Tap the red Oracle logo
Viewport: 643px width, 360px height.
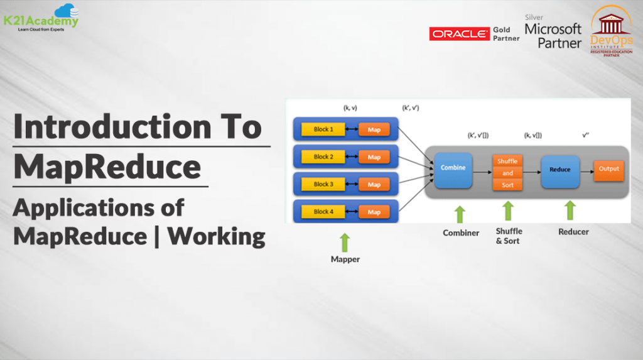pos(459,34)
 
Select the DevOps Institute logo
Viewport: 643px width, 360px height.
pos(611,31)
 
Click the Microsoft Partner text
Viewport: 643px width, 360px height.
pos(553,36)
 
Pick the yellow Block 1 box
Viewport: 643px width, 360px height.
pos(323,129)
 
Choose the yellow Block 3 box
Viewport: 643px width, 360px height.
pos(323,185)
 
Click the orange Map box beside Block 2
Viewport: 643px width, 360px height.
pos(374,157)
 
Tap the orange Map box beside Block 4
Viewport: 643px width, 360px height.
pos(374,212)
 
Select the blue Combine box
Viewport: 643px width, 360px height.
pos(453,168)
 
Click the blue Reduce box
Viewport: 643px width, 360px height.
pos(559,170)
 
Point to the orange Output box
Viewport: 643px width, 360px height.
pos(608,169)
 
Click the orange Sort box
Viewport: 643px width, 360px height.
pos(507,185)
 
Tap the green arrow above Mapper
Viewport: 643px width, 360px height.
pos(345,243)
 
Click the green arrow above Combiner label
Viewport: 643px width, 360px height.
pos(460,214)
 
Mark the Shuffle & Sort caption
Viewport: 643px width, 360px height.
pos(509,236)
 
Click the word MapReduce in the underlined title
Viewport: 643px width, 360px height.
pos(107,167)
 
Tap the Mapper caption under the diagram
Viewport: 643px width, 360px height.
pos(345,259)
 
